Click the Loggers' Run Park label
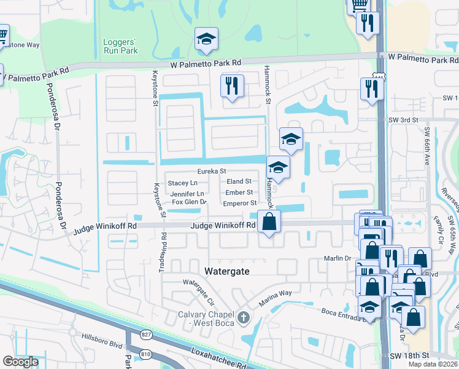[x=120, y=47]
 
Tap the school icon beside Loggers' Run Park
[x=207, y=39]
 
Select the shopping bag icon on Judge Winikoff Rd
[x=269, y=222]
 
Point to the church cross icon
[x=244, y=317]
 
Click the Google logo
[x=20, y=362]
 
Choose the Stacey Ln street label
[x=183, y=183]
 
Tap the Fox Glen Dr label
[x=189, y=202]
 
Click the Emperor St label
[x=239, y=203]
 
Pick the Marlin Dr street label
[x=337, y=259]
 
